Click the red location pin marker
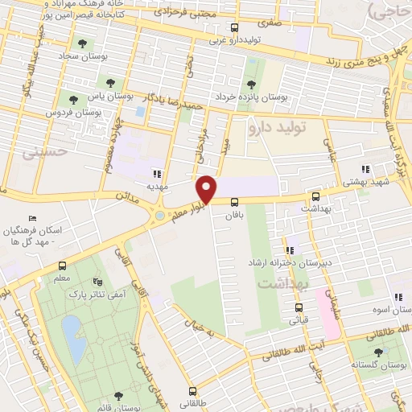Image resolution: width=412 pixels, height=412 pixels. tap(208, 189)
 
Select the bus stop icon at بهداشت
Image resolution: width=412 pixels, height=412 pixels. tap(317, 196)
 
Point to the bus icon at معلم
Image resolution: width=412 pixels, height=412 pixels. tap(61, 266)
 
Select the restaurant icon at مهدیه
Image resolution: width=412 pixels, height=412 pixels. tap(158, 173)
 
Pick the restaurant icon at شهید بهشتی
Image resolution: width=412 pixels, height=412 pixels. tap(366, 170)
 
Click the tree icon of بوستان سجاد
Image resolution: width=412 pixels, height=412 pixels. tap(81, 43)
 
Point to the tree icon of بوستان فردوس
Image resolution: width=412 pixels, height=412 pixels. tap(73, 100)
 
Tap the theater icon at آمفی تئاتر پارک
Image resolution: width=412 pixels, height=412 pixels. tap(98, 282)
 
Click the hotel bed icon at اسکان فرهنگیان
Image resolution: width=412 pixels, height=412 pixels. tap(32, 218)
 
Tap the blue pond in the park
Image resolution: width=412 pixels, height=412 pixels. tap(74, 338)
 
